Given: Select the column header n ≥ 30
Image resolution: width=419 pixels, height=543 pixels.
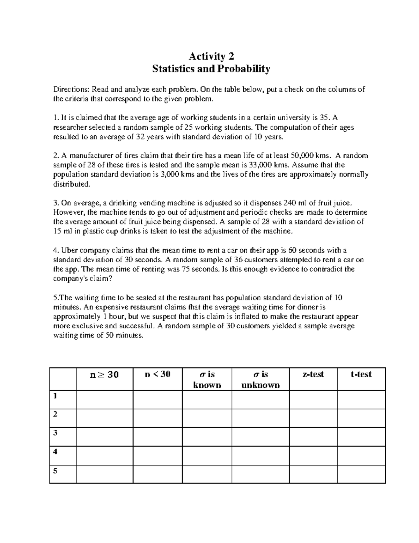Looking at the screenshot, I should point(104,375).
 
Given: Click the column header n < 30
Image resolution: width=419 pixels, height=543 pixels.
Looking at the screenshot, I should point(157,374).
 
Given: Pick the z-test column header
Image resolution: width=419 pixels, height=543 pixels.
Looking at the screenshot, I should point(313,374).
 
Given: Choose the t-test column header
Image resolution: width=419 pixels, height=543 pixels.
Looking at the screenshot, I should point(361,374).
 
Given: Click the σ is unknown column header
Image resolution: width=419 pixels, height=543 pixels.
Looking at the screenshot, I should point(260,380).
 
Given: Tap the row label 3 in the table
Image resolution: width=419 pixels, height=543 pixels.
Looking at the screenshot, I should point(55,433).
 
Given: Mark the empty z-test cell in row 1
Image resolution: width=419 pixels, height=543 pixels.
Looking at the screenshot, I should point(313,399).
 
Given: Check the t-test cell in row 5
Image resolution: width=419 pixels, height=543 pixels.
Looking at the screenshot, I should point(361,474).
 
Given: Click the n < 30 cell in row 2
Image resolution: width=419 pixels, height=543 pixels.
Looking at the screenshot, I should point(157,418).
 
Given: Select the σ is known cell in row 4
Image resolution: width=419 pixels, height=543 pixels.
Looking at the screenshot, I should point(207,455).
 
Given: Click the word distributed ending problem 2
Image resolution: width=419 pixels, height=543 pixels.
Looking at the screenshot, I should point(71,184).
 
